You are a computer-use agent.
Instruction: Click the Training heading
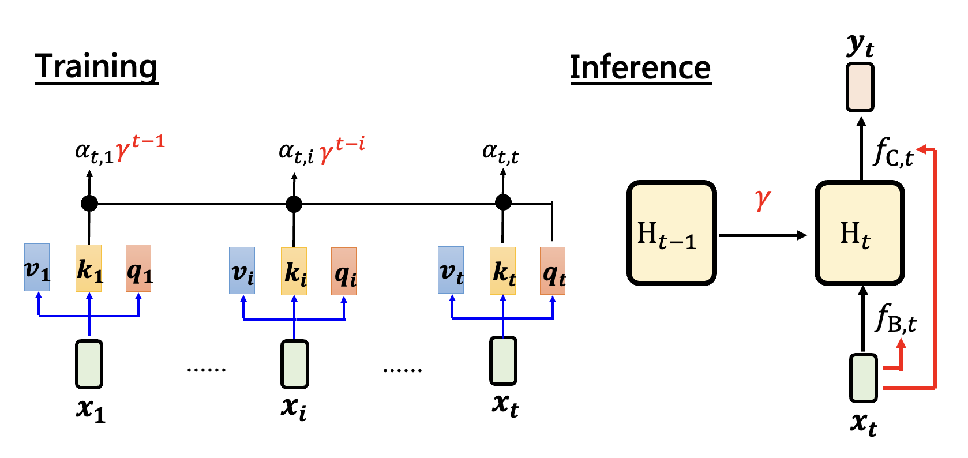point(96,66)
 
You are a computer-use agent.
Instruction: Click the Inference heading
point(640,67)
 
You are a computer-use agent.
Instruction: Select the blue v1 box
point(37,268)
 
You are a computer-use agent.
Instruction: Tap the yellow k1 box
point(89,268)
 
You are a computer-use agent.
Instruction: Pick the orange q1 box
point(139,268)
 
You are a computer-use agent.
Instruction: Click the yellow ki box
point(294,271)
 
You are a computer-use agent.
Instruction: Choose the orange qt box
point(553,271)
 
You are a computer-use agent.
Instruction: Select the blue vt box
point(451,270)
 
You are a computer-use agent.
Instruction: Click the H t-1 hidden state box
point(671,233)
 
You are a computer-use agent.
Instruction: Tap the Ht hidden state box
point(860,233)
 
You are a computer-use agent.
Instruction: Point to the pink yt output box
point(860,87)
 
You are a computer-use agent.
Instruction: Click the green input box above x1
point(89,364)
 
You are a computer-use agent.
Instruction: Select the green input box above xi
point(295,364)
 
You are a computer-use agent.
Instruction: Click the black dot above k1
point(89,203)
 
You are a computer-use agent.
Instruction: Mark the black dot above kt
point(503,202)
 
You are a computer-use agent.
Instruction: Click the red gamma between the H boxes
point(762,200)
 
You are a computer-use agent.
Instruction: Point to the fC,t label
point(894,153)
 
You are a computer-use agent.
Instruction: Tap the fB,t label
point(896,318)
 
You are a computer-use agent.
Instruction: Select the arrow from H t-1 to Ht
point(763,235)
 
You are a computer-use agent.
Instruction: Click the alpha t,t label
point(500,153)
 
